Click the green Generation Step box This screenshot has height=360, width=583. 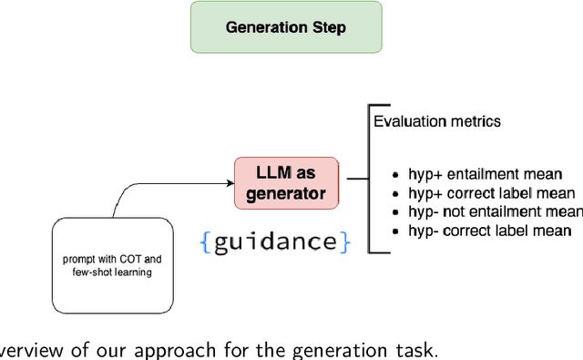point(286,27)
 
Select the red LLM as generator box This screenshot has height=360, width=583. point(287,181)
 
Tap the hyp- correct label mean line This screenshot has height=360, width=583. point(492,231)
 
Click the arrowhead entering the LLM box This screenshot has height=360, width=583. point(229,182)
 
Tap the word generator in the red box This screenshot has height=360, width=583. point(286,192)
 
